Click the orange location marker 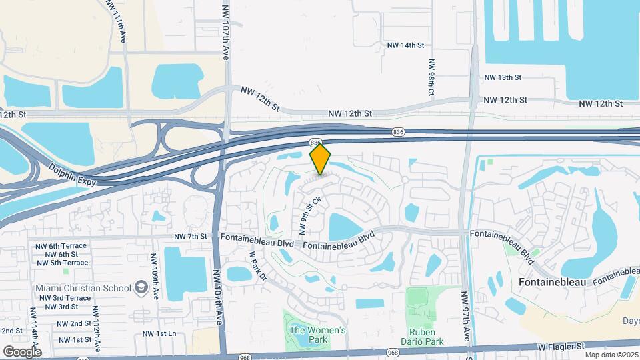[x=321, y=159]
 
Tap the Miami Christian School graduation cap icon [x=141, y=287]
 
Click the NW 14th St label [x=405, y=45]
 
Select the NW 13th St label [x=503, y=77]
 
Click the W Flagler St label [x=562, y=347]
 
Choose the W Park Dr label [x=257, y=265]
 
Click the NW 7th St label [x=191, y=237]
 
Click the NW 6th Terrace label [x=61, y=246]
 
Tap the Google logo [x=22, y=351]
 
